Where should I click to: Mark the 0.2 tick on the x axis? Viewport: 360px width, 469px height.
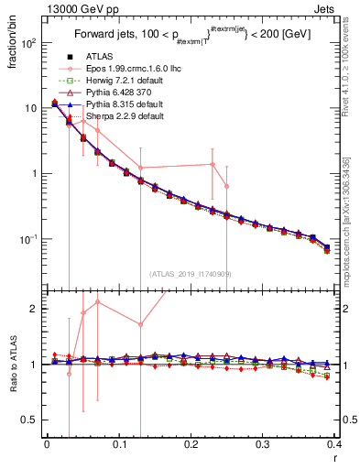tap(191, 446)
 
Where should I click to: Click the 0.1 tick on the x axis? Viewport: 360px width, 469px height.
tap(119, 446)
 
